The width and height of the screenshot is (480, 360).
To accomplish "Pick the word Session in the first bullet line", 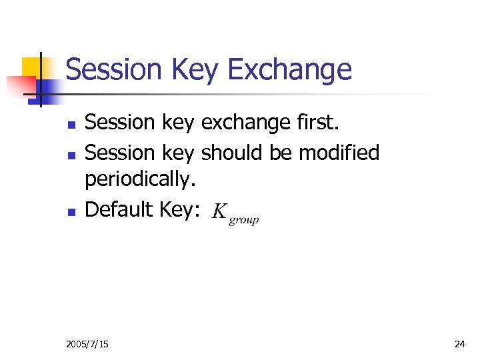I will (120, 123).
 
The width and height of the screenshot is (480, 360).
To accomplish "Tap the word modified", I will (339, 153).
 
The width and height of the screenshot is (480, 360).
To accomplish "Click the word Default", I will (120, 210).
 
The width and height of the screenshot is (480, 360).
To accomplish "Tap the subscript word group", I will (243, 220).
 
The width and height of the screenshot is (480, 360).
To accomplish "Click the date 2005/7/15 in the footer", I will (88, 344).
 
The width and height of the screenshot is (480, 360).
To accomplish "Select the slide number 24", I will (459, 344).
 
